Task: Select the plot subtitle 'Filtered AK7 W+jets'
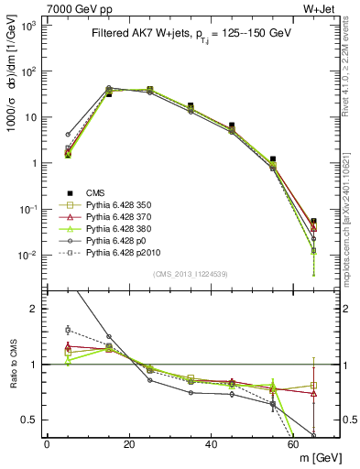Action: pyautogui.click(x=135, y=34)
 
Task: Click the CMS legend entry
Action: pyautogui.click(x=96, y=192)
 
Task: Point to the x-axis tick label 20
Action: pyautogui.click(x=129, y=444)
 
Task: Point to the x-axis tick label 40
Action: pyautogui.click(x=212, y=444)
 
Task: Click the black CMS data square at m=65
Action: pyautogui.click(x=314, y=222)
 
